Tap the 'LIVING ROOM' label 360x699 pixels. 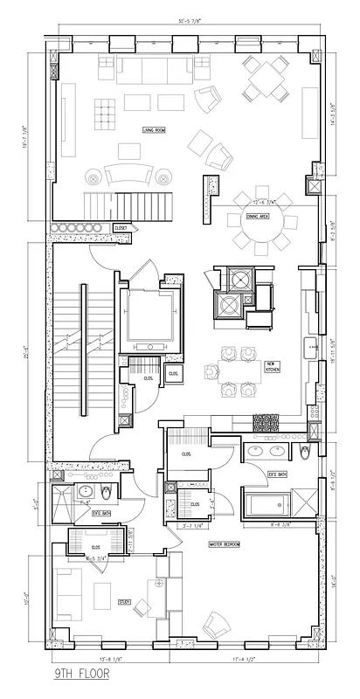tap(155, 130)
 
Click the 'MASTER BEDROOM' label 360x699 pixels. tap(225, 544)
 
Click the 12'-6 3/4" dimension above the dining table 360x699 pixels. tap(257, 201)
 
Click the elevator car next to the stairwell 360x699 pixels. tap(151, 316)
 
